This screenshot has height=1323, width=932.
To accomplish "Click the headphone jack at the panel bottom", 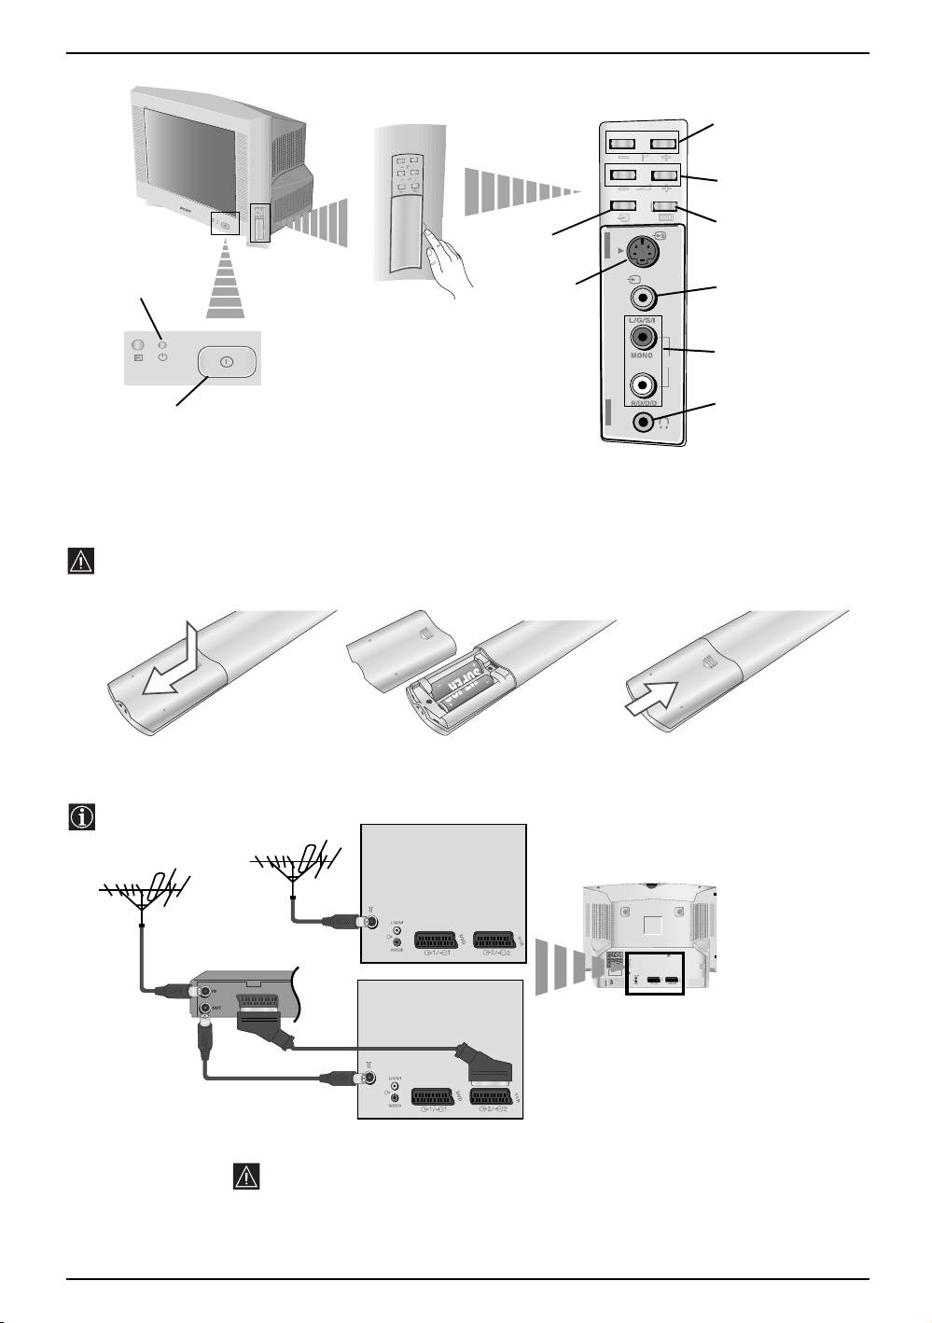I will pyautogui.click(x=643, y=421).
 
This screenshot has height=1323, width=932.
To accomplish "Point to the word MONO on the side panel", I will pyautogui.click(x=642, y=356).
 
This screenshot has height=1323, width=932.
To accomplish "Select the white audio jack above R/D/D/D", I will pyautogui.click(x=642, y=383).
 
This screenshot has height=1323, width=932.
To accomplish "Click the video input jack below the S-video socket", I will pyautogui.click(x=642, y=298).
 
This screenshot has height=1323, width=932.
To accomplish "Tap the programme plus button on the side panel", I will pyautogui.click(x=664, y=145).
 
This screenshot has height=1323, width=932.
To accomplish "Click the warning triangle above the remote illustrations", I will pyautogui.click(x=82, y=561).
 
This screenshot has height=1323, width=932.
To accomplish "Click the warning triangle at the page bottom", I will pyautogui.click(x=245, y=1176).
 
